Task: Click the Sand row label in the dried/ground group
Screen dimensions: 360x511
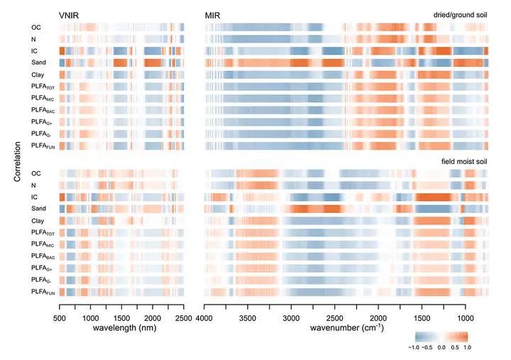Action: click(39, 62)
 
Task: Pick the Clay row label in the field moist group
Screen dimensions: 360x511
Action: click(39, 220)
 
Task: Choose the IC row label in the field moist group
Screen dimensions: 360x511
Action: click(34, 197)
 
